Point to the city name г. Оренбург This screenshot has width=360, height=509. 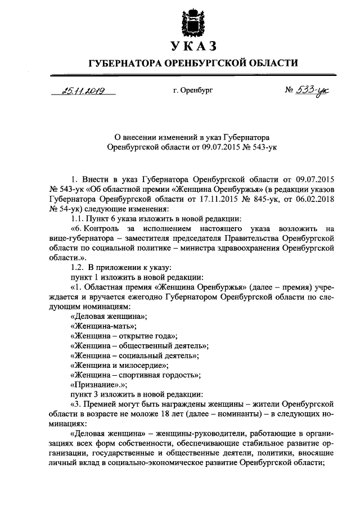194,90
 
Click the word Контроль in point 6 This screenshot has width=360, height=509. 106,228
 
